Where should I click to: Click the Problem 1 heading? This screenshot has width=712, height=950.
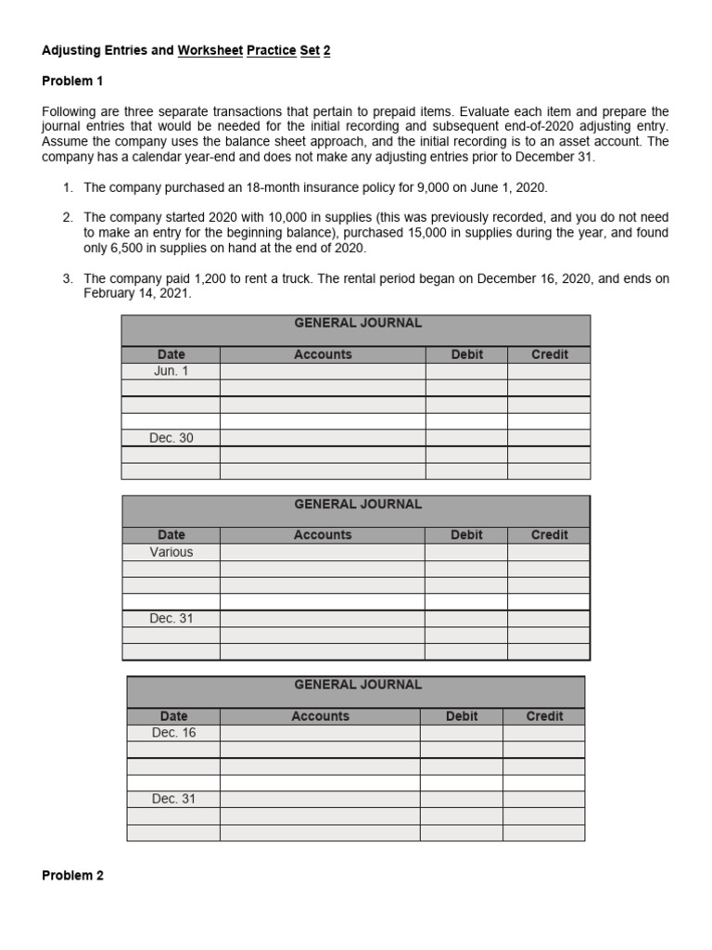point(72,82)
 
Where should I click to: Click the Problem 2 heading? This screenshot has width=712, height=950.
point(72,876)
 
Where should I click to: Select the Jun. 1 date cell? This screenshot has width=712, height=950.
point(172,371)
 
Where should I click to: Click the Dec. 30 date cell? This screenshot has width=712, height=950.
point(172,438)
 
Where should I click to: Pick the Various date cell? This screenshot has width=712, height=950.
point(172,552)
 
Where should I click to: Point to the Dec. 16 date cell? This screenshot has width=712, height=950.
point(173,733)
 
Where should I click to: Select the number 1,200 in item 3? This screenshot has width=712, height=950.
point(210,278)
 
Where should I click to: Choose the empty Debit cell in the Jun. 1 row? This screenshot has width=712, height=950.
point(466,371)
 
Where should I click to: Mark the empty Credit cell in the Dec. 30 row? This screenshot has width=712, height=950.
point(549,438)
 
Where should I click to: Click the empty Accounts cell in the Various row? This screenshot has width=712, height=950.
point(323,552)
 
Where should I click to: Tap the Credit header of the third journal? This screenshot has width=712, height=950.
point(544,716)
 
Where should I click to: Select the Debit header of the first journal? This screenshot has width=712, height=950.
point(466,354)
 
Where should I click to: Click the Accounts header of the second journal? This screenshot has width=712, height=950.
point(323,535)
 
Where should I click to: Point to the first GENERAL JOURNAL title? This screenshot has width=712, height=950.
point(357,324)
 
